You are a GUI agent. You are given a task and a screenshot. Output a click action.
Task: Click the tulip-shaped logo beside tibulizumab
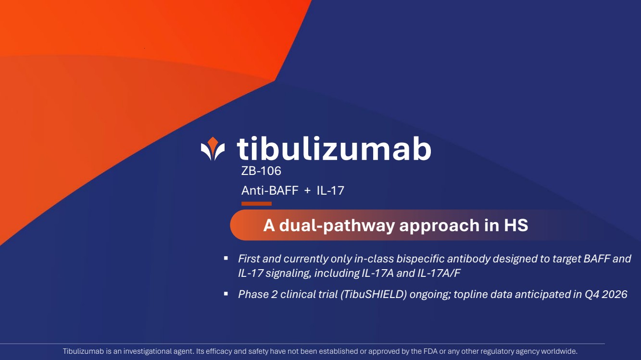coord(213,149)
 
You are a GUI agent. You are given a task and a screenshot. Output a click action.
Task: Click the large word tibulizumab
coord(334,148)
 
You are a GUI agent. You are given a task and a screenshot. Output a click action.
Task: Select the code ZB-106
coord(261,171)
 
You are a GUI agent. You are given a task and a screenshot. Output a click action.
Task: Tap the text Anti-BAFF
coord(270,190)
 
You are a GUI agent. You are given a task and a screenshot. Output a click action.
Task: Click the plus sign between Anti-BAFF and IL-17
coord(307,191)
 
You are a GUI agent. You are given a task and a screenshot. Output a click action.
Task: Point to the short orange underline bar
coord(256,204)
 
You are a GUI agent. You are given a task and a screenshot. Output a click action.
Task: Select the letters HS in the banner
coord(516,225)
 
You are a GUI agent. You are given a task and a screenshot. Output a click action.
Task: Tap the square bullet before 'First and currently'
coord(226,258)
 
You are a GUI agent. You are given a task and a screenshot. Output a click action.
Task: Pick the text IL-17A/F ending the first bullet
coord(439,273)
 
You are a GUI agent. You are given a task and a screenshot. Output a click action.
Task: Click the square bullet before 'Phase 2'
coord(226,294)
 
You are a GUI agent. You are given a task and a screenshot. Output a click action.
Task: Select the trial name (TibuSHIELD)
coord(374,294)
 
